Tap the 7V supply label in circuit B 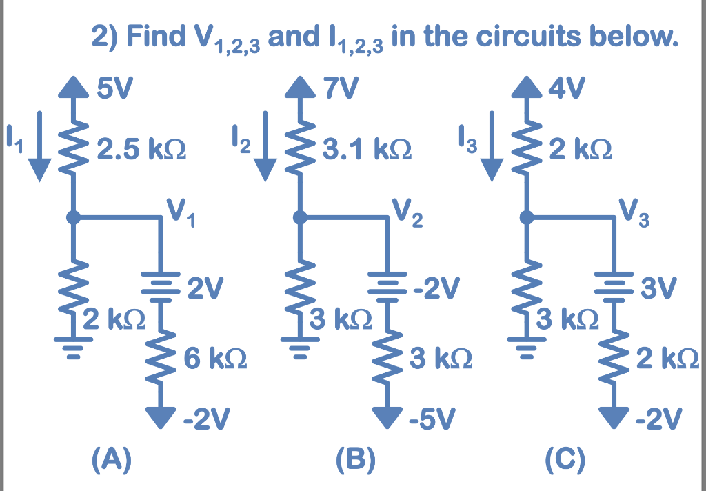click(x=337, y=89)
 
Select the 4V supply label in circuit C click(x=566, y=89)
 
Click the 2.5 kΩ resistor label click(x=143, y=149)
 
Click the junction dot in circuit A click(x=72, y=218)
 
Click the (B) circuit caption click(x=355, y=458)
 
